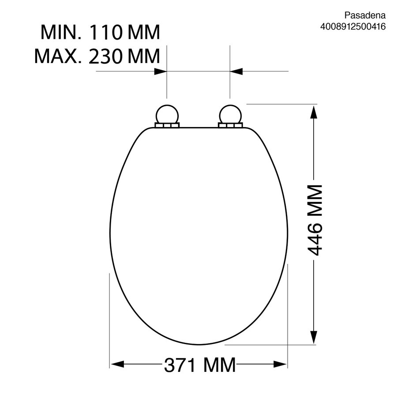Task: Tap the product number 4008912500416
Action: (x=353, y=26)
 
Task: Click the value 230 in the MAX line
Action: (x=107, y=56)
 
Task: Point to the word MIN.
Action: (x=60, y=33)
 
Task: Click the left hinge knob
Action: (x=167, y=114)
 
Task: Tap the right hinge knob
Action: (x=229, y=114)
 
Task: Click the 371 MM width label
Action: (x=200, y=365)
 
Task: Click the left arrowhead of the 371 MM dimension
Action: (x=116, y=364)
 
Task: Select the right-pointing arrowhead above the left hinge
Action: (x=161, y=71)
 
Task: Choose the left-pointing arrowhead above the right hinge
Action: (x=236, y=71)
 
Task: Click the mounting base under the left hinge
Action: (x=167, y=126)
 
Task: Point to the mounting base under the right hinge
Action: (x=229, y=126)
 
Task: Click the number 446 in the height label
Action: (x=315, y=239)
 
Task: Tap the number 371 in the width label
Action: (x=180, y=365)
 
